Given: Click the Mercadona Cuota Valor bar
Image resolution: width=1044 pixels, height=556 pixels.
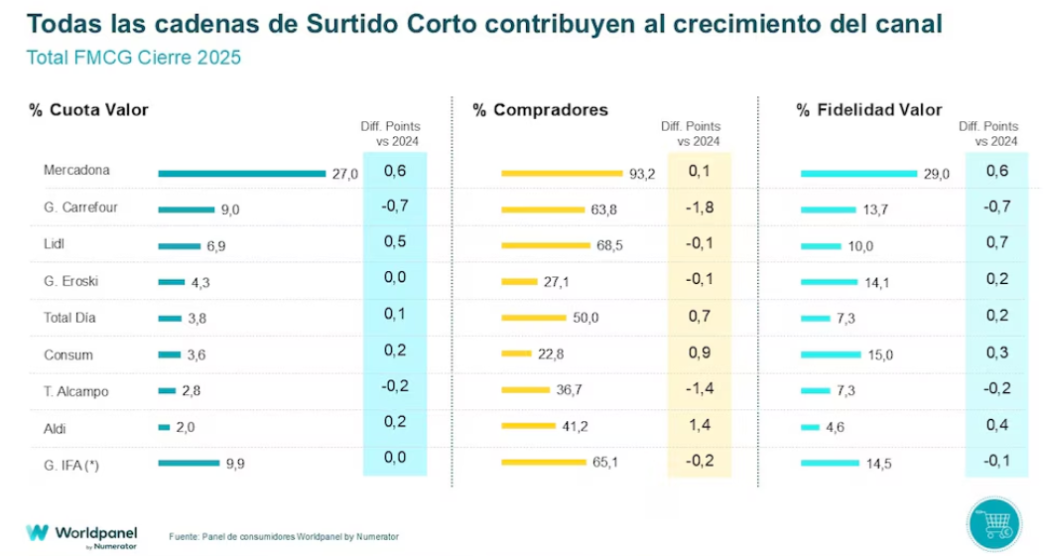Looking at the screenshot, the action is pos(242,174).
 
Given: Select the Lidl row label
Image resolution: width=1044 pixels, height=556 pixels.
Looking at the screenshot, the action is pos(54,244).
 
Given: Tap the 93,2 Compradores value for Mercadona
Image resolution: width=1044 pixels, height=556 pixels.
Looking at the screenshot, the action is pos(642,174).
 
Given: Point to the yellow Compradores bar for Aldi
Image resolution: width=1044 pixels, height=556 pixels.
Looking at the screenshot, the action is pos(528,426).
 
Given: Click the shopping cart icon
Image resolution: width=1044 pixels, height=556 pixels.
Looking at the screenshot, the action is pos(994,524).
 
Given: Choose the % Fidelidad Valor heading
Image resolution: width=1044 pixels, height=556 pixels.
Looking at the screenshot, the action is pos(869,110).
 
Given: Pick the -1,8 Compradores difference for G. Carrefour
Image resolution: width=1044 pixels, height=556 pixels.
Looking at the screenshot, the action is pos(699,208).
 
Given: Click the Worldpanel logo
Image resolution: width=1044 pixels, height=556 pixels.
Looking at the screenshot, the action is pos(81,535).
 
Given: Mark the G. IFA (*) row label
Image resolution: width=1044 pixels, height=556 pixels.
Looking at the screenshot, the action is pos(71,465).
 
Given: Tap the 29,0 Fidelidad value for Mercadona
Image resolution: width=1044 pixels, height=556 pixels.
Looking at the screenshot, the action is pos(936,174).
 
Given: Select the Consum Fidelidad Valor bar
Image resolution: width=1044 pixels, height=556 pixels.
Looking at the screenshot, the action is pos(831,354).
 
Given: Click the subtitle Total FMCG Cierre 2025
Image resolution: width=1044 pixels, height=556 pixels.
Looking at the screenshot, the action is pos(134,58).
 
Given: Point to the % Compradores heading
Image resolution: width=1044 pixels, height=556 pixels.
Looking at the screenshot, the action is pos(540,110).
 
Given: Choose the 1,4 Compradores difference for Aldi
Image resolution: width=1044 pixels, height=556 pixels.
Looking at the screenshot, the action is pos(699,425).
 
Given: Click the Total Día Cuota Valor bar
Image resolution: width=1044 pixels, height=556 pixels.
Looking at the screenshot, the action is pos(170,319).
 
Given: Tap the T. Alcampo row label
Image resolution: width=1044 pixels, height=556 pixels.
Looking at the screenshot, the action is pos(75,391).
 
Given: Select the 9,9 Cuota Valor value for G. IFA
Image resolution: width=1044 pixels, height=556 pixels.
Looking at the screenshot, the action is pos(235,464).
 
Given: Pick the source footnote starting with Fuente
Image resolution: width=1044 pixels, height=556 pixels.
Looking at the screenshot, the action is pos(284,537).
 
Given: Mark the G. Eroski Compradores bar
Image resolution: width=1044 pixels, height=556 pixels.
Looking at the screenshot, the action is pos(519,282).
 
